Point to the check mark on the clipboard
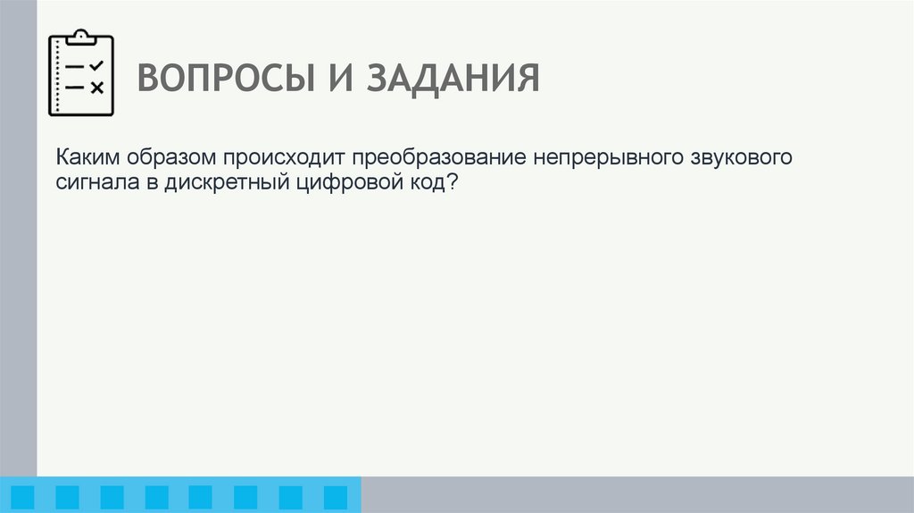point(97,65)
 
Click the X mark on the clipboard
point(97,87)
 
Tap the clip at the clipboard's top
point(81,37)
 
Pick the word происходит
point(280,158)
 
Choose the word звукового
point(740,158)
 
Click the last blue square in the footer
point(335,497)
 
